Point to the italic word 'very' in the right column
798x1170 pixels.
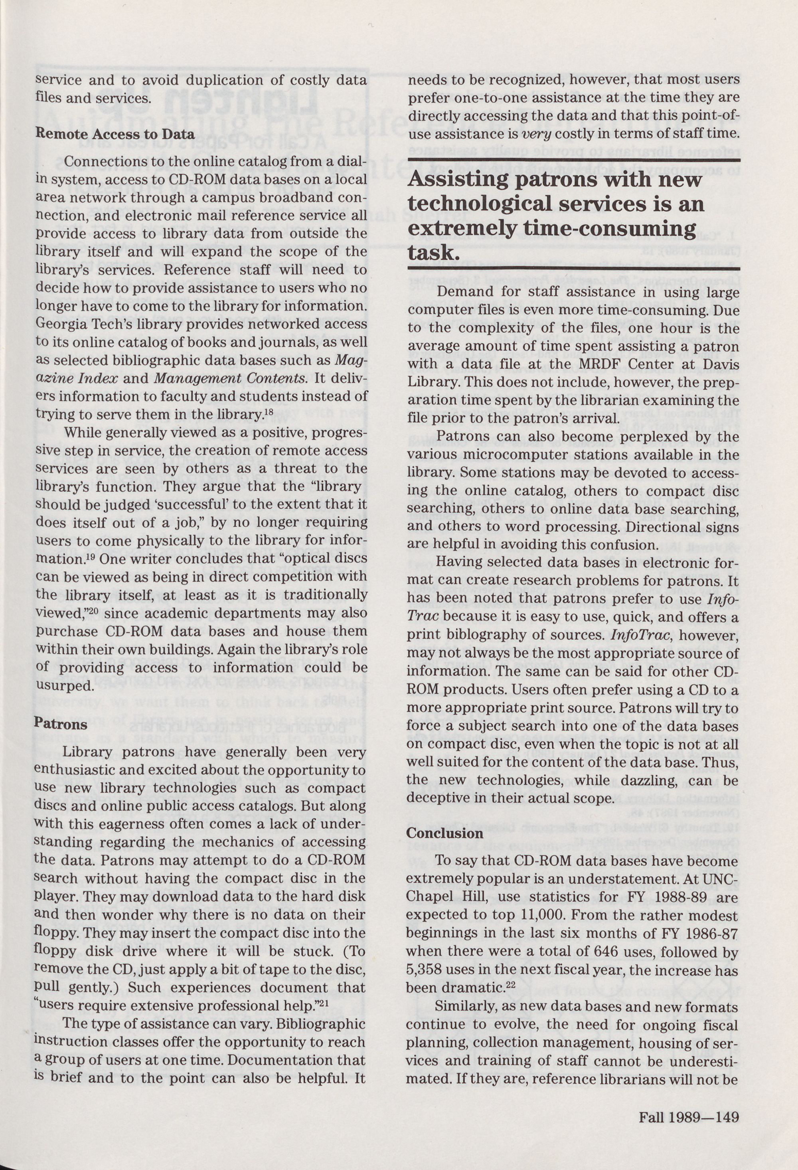537,135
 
